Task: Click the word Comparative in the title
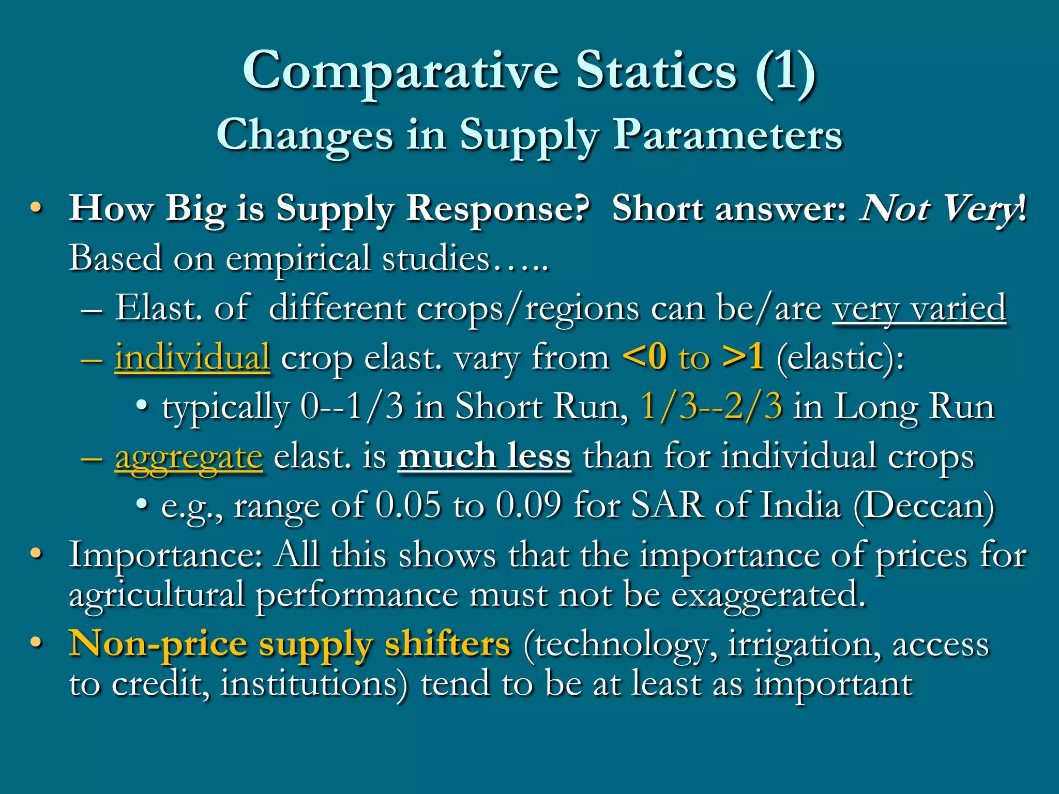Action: click(x=401, y=71)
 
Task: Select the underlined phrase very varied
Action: click(x=919, y=308)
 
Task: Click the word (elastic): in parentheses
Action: click(x=840, y=357)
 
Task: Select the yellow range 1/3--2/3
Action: click(x=711, y=406)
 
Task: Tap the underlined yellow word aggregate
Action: click(x=189, y=457)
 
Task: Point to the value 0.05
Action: click(x=409, y=505)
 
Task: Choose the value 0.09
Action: click(x=528, y=505)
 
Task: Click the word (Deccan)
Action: click(x=924, y=506)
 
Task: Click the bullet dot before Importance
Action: click(x=35, y=554)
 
